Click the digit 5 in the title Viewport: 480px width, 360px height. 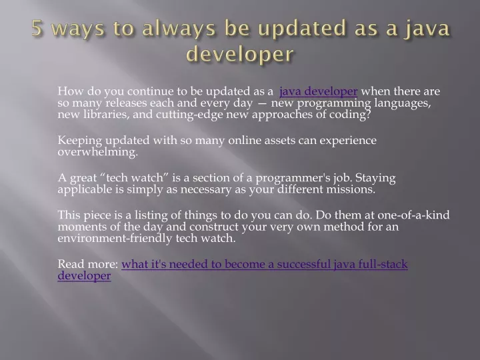coord(37,28)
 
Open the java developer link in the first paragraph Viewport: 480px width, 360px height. coord(319,91)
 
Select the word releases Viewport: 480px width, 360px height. coord(126,103)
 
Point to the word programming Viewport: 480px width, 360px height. coord(334,103)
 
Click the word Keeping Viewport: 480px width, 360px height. coord(80,141)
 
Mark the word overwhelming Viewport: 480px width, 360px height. coord(97,152)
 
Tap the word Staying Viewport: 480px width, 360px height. coord(375,178)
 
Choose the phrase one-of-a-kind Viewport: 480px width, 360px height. coord(413,215)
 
